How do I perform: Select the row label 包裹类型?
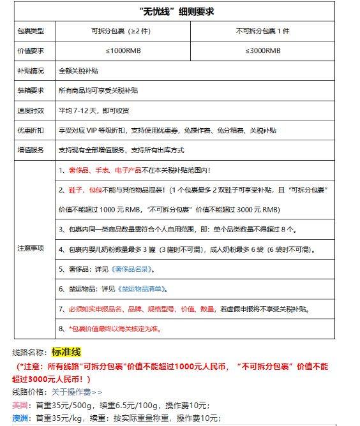(x=31, y=31)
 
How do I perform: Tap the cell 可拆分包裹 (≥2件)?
(x=121, y=31)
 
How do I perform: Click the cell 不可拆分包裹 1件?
(x=262, y=31)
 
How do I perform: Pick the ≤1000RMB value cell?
(x=121, y=50)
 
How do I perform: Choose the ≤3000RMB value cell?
(x=262, y=50)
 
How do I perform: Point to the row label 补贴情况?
(x=31, y=70)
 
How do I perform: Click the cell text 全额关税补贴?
(x=79, y=70)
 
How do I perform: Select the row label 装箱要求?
(x=31, y=91)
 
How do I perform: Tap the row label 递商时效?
(x=31, y=110)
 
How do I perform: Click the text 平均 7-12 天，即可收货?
(x=94, y=110)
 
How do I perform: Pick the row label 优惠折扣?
(x=31, y=130)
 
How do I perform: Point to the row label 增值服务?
(x=31, y=151)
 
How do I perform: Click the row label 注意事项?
(x=31, y=249)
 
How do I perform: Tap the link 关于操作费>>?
(x=77, y=392)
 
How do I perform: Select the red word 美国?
(x=20, y=405)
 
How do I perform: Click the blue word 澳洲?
(x=20, y=418)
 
